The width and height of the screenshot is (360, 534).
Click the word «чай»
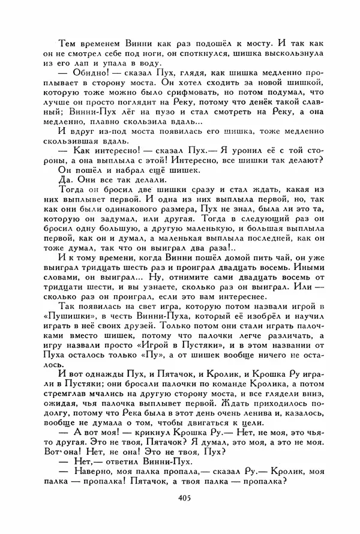263,256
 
